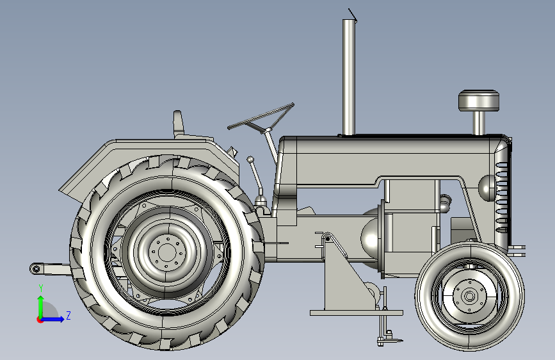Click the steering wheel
pos(261,117)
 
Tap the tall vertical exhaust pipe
pos(349,77)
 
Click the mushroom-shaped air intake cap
pos(479,101)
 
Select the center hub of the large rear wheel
pos(166,252)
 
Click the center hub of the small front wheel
pos(470,296)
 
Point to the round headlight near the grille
pos(487,188)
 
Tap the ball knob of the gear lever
pos(250,160)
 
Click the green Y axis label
pos(41,288)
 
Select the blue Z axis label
pos(68,315)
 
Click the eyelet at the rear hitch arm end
pos(35,269)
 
